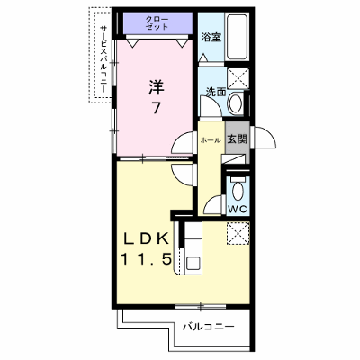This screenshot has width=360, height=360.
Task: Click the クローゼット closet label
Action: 157,23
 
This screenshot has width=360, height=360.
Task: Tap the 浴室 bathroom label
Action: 211,38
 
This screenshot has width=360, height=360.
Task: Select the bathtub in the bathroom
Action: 237,37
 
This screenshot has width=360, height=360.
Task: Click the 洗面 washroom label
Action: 216,92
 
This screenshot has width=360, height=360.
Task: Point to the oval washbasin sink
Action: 236,103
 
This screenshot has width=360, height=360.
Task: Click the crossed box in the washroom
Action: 238,78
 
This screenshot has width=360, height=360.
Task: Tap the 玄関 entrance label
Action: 237,139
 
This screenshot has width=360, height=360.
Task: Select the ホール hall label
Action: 211,140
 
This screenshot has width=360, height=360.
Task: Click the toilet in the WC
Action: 238,188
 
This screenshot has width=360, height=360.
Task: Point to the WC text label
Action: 238,209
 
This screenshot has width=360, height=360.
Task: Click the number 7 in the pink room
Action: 156,108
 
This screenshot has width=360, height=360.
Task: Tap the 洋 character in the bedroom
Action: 156,87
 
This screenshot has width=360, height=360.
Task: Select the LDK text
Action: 146,239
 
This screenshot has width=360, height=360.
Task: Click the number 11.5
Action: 146,258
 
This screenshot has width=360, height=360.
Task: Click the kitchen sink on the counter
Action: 192,264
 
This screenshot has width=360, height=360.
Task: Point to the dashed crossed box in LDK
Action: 238,233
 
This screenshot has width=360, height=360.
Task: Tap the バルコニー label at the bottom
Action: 208,327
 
